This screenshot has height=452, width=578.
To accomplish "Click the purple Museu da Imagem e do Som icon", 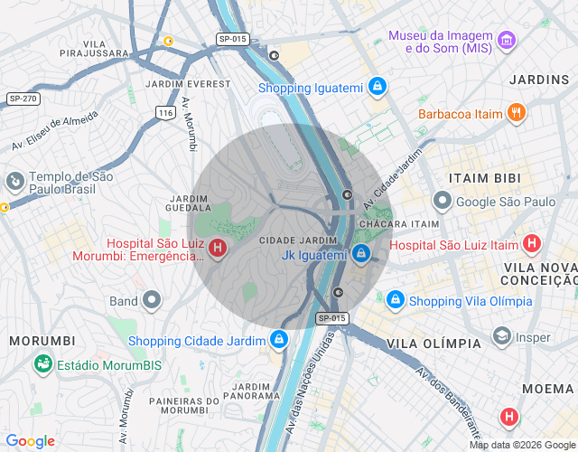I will coord(507,41).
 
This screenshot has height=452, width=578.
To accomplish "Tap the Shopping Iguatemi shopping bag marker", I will coord(378,88).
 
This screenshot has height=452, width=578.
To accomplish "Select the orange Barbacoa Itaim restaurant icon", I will coord(516,113).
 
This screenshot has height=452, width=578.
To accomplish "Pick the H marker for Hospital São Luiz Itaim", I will coord(532,243).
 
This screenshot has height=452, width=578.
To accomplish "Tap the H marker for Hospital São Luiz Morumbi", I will coord(218,248).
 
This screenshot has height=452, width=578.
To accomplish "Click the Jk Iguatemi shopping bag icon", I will coord(361,254).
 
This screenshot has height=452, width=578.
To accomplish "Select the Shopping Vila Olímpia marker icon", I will coord(395,300).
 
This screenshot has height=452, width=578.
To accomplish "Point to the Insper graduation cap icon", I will coord(500,337).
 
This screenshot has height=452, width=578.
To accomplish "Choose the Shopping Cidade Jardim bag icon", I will coord(279,341).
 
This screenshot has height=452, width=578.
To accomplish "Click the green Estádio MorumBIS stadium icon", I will coord(42,364).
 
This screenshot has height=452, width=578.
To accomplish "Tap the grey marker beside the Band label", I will coord(152,300).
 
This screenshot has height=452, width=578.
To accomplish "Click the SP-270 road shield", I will coord(23,98).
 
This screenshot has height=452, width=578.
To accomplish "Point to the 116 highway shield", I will coord(164,112).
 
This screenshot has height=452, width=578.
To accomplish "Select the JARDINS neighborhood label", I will coord(539,80).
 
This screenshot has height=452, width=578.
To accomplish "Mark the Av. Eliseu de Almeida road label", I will coord(54,131).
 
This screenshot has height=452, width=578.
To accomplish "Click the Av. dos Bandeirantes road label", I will coord(448,398).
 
